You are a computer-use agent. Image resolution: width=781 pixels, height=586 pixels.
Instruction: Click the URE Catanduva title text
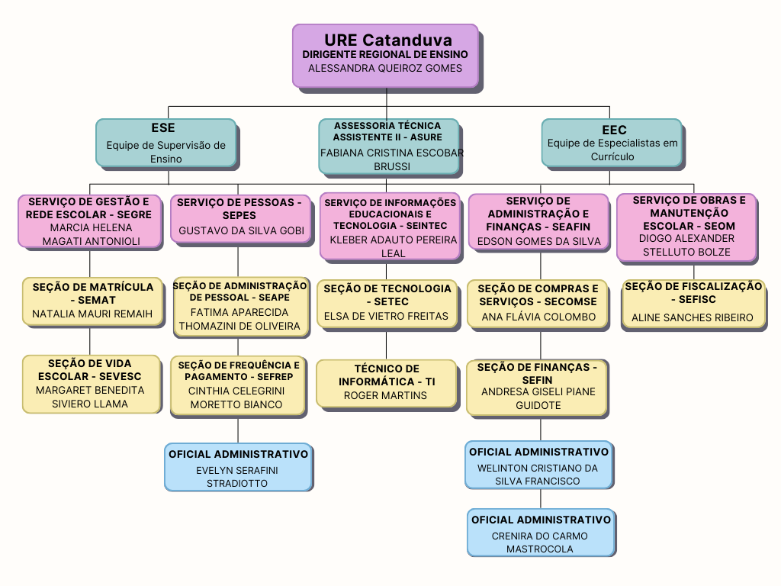click(x=387, y=40)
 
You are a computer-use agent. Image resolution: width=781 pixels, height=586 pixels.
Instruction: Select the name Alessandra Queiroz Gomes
click(x=385, y=68)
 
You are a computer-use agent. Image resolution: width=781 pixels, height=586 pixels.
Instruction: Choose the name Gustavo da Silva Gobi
click(x=241, y=230)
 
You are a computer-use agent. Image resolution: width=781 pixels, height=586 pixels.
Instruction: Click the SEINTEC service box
click(x=389, y=226)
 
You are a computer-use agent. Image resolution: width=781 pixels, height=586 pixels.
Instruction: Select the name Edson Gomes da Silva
click(x=538, y=241)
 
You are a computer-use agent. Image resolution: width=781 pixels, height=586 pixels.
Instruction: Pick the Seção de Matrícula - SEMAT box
click(x=92, y=300)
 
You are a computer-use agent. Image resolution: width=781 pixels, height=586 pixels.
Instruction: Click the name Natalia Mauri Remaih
click(x=92, y=314)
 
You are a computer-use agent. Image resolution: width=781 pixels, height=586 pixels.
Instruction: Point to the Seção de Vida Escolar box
click(x=92, y=383)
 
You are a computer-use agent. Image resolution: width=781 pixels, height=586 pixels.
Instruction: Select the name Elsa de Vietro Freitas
click(x=386, y=316)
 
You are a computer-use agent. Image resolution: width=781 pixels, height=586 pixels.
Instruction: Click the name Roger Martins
click(x=385, y=395)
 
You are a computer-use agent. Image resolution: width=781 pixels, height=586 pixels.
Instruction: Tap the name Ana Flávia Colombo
click(x=538, y=317)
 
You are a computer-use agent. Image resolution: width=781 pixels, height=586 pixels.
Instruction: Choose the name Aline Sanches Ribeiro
click(x=693, y=317)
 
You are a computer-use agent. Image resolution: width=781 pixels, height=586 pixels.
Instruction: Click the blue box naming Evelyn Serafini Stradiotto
click(x=238, y=466)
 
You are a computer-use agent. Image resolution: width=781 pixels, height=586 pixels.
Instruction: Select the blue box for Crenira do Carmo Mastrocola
click(x=541, y=533)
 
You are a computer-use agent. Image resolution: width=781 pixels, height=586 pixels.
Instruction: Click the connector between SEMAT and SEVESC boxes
click(x=90, y=341)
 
